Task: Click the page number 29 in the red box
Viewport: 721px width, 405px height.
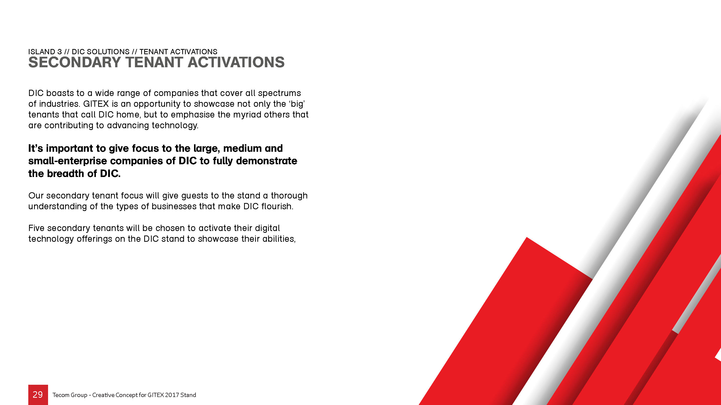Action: [38, 394]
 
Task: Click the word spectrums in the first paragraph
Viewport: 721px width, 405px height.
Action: [279, 93]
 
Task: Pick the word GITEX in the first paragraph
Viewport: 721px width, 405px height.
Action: [96, 104]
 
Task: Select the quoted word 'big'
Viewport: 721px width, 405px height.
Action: [297, 104]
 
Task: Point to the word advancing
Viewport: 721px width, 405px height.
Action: [128, 125]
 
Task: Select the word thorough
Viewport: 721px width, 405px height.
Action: [289, 196]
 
